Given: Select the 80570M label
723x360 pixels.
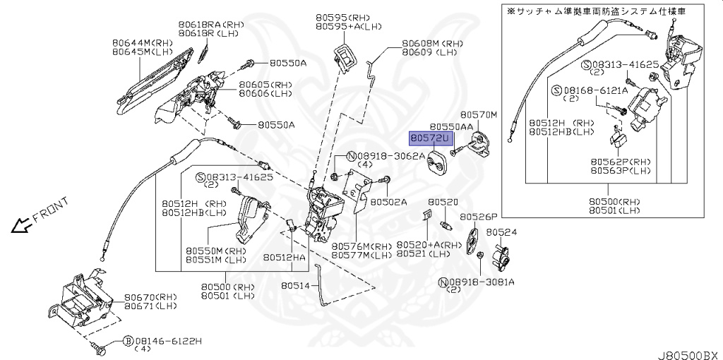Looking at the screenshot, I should point(479,114).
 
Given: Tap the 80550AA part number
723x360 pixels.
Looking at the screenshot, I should point(451,126).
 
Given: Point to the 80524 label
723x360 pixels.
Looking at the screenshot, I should point(501,232).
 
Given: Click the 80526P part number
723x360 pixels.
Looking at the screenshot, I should point(479,217).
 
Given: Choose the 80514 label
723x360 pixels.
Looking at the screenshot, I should point(296,286).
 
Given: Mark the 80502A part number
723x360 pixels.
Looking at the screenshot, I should point(389,201).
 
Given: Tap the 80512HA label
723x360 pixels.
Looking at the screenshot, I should point(285,258).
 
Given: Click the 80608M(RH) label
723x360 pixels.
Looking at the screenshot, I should point(431,43).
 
